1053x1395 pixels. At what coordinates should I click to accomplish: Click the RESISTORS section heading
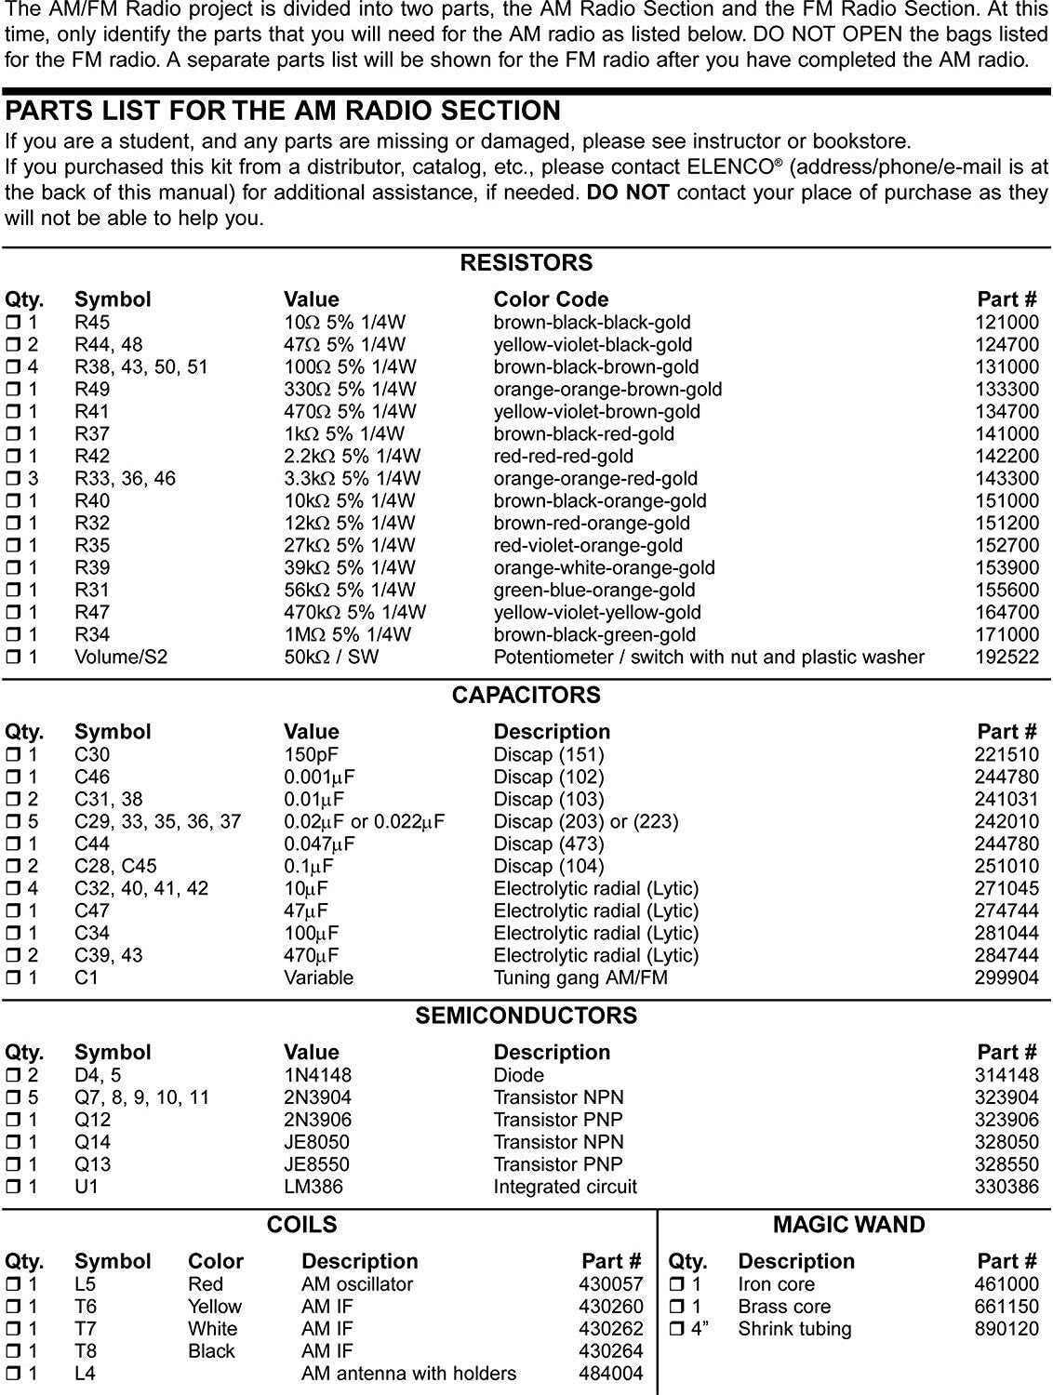pyautogui.click(x=526, y=263)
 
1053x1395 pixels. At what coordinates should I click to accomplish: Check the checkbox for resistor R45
pyautogui.click(x=13, y=323)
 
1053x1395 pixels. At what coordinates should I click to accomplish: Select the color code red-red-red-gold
pyautogui.click(x=563, y=457)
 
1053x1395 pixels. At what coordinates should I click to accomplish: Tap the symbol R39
pyautogui.click(x=92, y=568)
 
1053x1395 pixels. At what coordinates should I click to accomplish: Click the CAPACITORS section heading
pyautogui.click(x=526, y=696)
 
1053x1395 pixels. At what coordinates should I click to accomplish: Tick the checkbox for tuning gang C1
pyautogui.click(x=13, y=978)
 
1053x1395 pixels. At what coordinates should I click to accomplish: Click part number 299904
pyautogui.click(x=1006, y=978)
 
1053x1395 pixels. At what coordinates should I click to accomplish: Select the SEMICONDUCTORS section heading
pyautogui.click(x=526, y=1016)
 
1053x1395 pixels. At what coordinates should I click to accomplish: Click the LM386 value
pyautogui.click(x=313, y=1188)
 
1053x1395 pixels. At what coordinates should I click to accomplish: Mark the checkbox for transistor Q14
pyautogui.click(x=13, y=1143)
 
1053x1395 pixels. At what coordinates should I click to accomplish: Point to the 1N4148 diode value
pyautogui.click(x=317, y=1076)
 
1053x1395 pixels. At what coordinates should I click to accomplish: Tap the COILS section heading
pyautogui.click(x=301, y=1225)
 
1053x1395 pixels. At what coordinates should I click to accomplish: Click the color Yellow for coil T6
pyautogui.click(x=214, y=1308)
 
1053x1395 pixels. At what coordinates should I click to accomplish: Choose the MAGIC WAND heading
pyautogui.click(x=848, y=1225)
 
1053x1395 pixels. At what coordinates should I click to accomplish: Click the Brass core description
pyautogui.click(x=783, y=1308)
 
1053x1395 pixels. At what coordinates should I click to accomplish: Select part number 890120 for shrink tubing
pyautogui.click(x=1006, y=1330)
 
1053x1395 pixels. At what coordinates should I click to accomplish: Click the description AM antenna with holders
pyautogui.click(x=408, y=1375)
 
